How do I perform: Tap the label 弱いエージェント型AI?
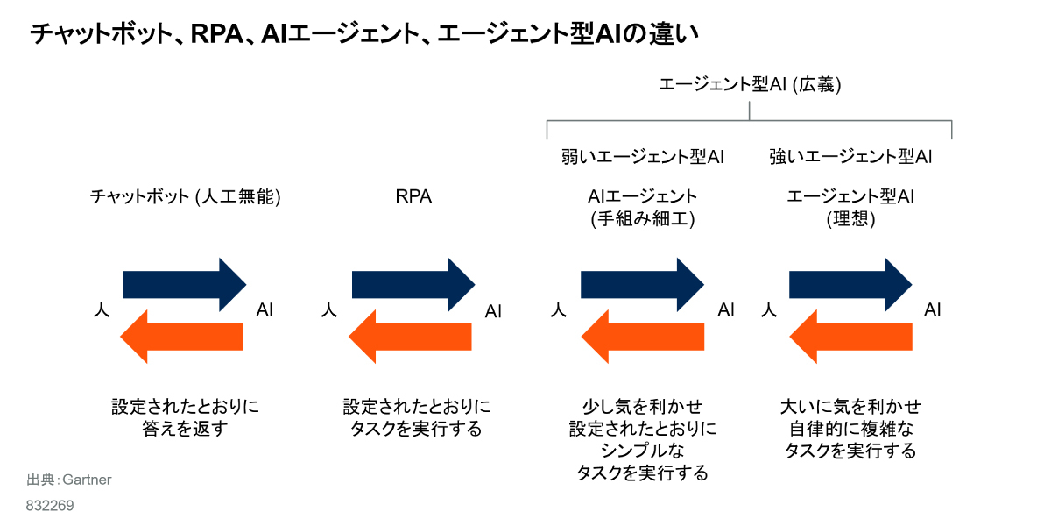pyautogui.click(x=642, y=157)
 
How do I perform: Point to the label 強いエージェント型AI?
pyautogui.click(x=850, y=157)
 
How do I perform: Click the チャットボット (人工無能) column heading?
pyautogui.click(x=185, y=196)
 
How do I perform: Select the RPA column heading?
pyautogui.click(x=413, y=196)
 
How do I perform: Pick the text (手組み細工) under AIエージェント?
pyautogui.click(x=643, y=219)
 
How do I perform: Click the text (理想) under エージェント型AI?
pyautogui.click(x=850, y=219)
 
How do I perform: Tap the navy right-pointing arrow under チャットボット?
pyautogui.click(x=185, y=284)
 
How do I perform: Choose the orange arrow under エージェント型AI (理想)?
pyautogui.click(x=850, y=337)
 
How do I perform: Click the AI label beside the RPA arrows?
pyautogui.click(x=494, y=310)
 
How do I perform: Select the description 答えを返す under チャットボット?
pyautogui.click(x=185, y=430)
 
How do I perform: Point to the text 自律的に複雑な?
pyautogui.click(x=850, y=430)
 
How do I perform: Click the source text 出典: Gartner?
pyautogui.click(x=69, y=480)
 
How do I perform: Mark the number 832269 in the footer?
pyautogui.click(x=50, y=506)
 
